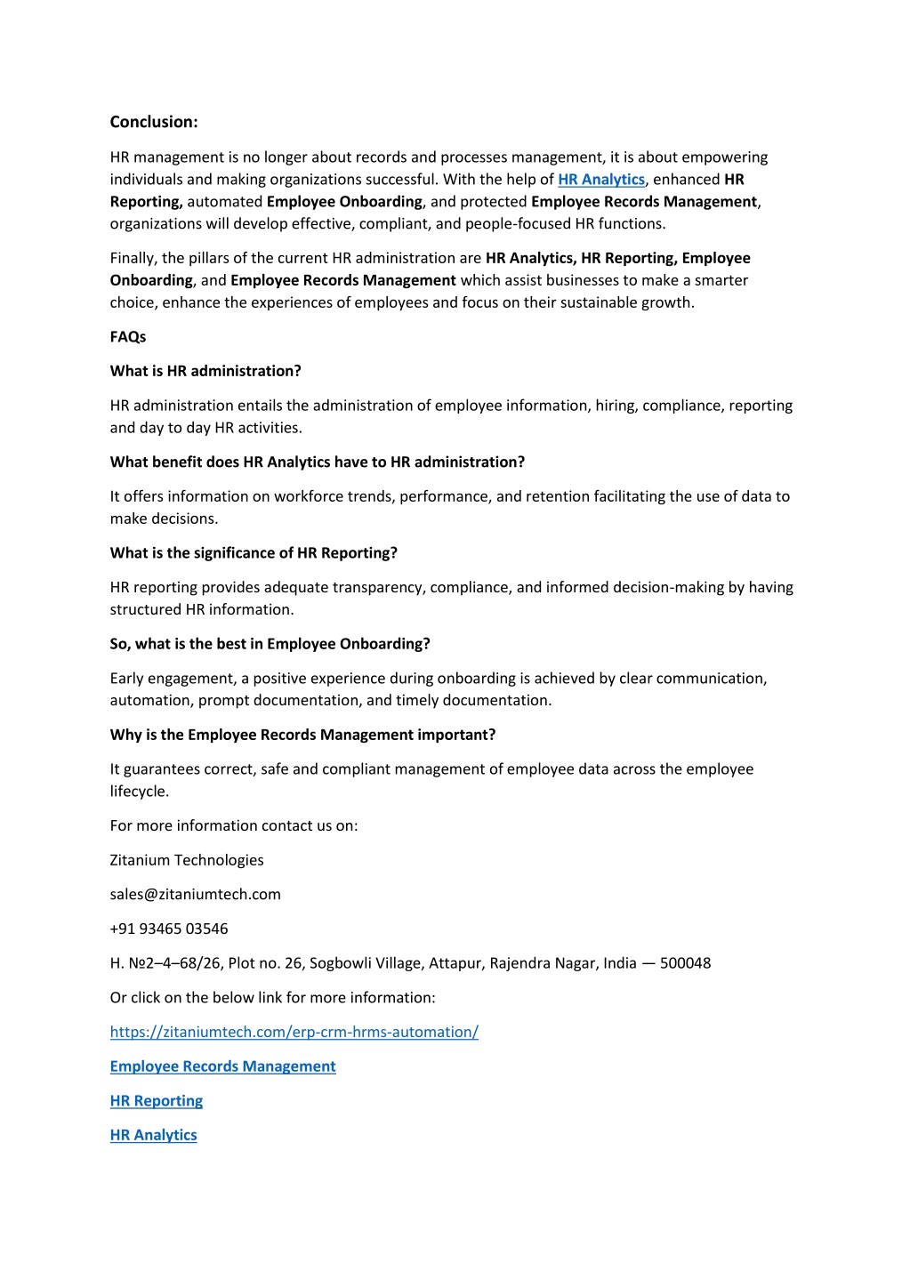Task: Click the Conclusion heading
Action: (154, 122)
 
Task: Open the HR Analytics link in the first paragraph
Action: (600, 180)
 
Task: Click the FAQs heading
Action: (128, 337)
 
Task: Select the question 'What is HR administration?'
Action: (205, 371)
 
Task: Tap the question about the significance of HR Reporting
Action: (254, 553)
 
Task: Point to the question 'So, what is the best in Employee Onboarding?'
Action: (270, 644)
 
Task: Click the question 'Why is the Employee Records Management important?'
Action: (302, 735)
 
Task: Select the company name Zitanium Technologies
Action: (187, 860)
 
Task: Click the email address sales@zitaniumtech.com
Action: (195, 895)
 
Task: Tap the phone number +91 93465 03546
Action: (169, 929)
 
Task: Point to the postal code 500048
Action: (685, 963)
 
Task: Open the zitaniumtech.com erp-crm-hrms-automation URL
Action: (294, 1032)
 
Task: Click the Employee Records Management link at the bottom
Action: (222, 1066)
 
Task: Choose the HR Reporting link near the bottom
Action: (157, 1101)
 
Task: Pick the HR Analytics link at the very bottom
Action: (153, 1135)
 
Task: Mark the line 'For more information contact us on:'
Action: (234, 825)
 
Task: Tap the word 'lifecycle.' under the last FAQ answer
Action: (140, 792)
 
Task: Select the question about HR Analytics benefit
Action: (318, 463)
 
